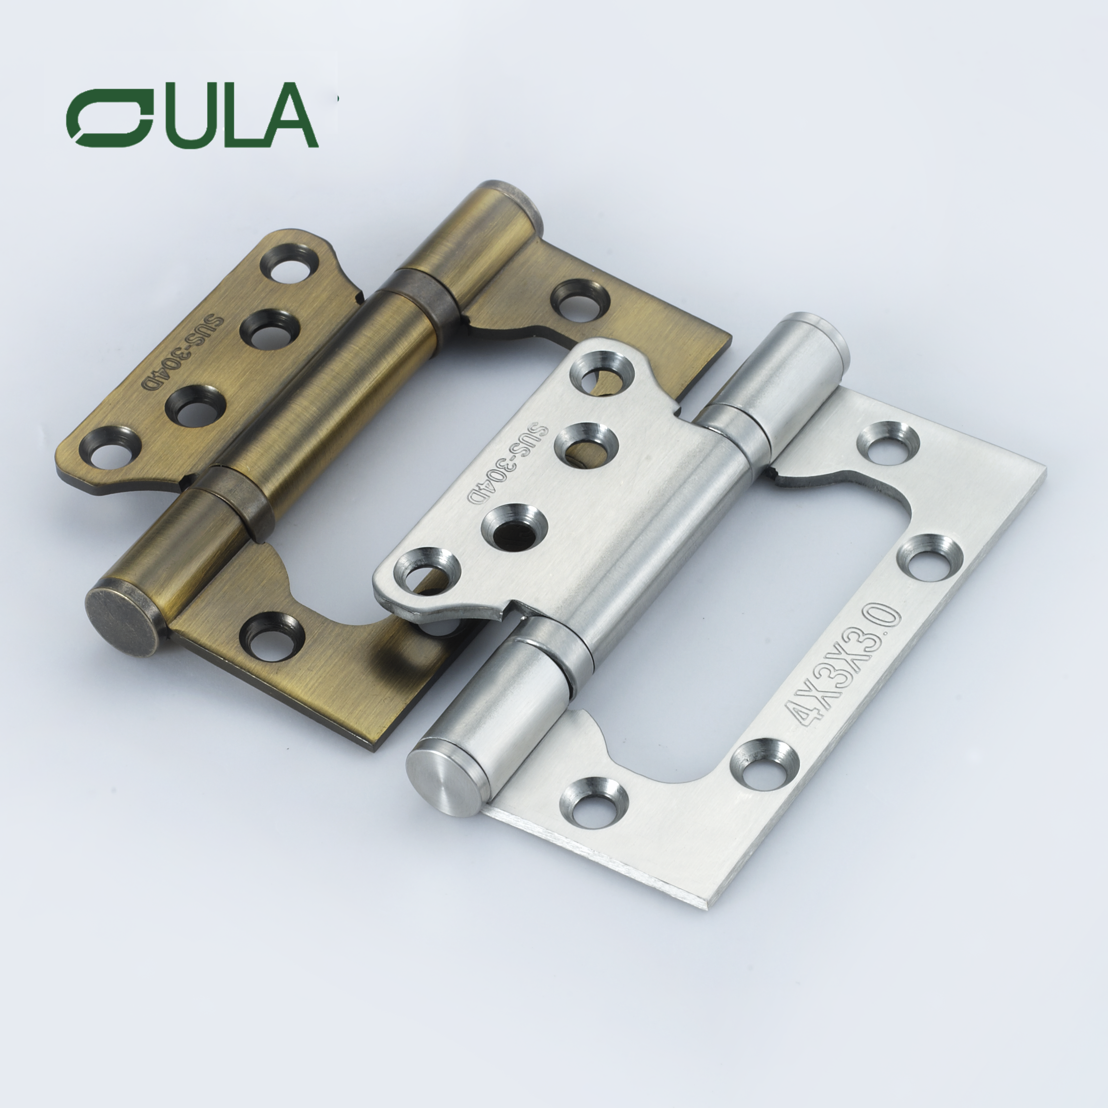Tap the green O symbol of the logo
pos(109,117)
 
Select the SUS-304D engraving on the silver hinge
pos(510,464)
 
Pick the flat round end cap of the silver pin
pos(441,774)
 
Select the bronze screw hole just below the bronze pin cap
pos(272,635)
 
